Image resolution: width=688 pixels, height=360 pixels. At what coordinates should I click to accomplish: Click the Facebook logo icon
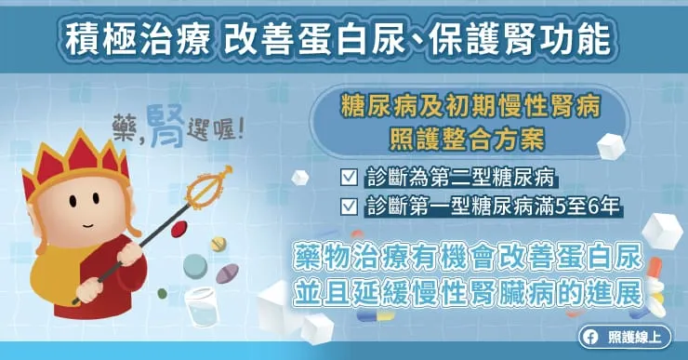coord(588,338)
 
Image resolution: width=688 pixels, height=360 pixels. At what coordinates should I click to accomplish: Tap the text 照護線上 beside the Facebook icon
coord(630,338)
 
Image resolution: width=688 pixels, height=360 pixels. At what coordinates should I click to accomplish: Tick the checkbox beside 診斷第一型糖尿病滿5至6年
coord(350,205)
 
